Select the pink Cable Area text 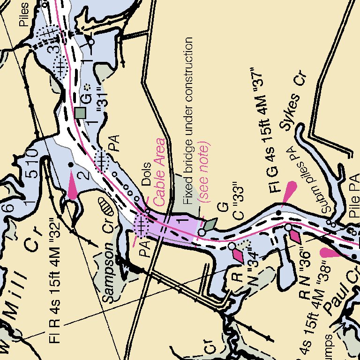point(160,172)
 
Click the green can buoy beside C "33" point(210,225)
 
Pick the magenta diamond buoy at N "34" point(238,255)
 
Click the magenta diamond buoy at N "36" point(295,236)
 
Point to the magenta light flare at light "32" point(73,185)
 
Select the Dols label point(145,173)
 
